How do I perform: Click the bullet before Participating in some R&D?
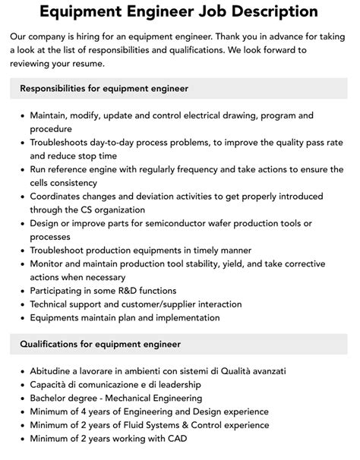coord(21,291)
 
